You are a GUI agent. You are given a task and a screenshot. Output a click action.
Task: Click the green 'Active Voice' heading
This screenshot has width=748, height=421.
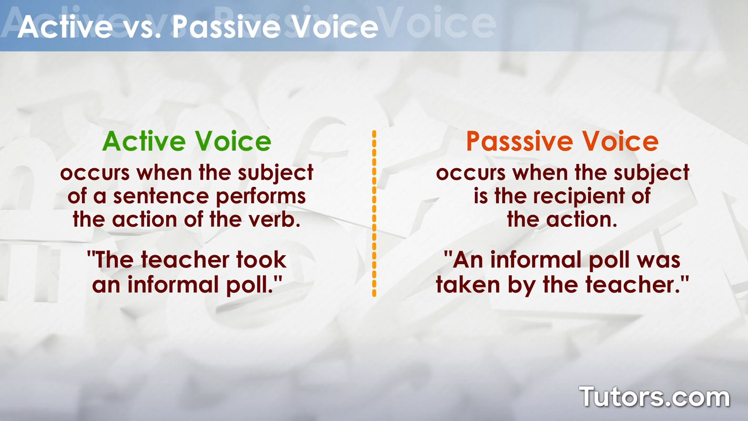[187, 141]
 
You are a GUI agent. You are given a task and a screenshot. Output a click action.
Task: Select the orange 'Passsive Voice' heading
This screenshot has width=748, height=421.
[562, 141]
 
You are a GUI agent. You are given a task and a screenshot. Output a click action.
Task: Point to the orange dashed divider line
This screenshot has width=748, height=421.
[374, 213]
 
